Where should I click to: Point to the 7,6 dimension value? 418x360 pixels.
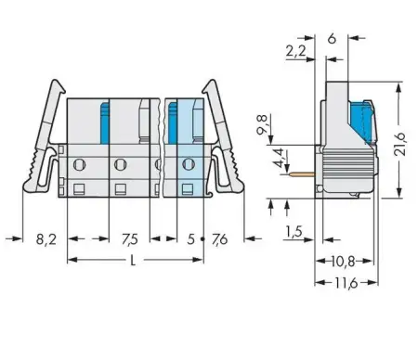220,238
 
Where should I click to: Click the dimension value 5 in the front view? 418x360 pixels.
189,238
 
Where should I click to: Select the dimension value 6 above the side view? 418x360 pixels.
332,39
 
